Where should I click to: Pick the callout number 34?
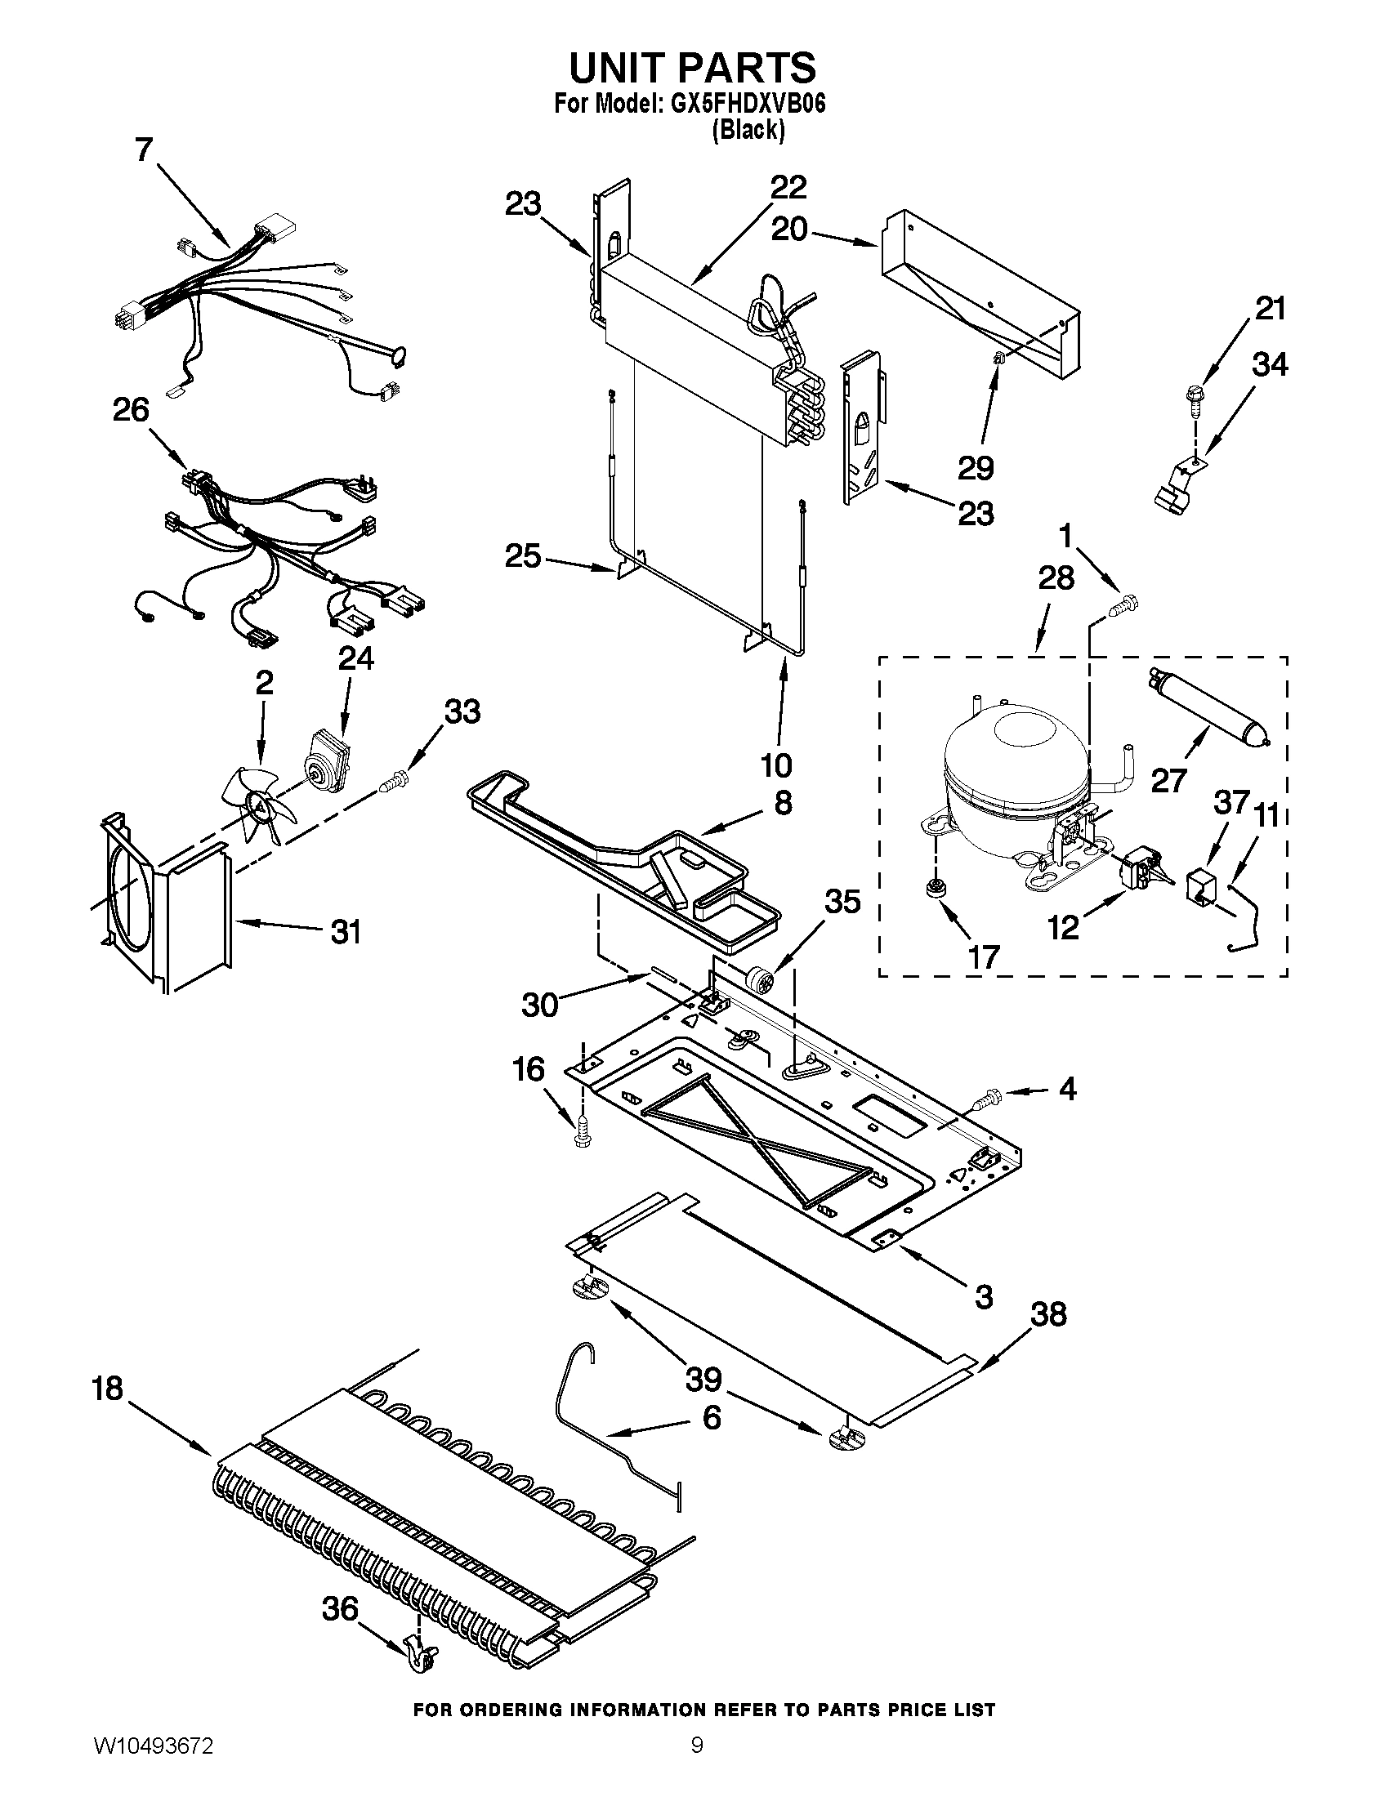[x=1270, y=365]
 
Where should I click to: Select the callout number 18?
[x=107, y=1389]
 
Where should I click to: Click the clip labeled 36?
[x=422, y=1652]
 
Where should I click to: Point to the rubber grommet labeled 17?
[x=933, y=889]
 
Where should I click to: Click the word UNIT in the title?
[x=632, y=68]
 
